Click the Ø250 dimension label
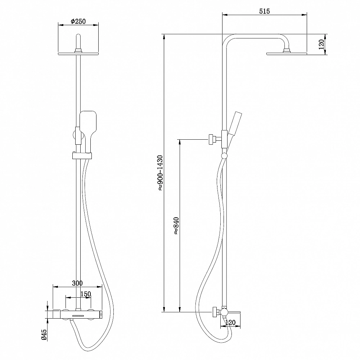(78, 21)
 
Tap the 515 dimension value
(265, 11)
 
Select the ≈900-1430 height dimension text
(160, 173)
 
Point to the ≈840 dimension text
(176, 226)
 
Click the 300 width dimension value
(77, 283)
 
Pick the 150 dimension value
(86, 294)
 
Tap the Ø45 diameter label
(44, 334)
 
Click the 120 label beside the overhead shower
(321, 44)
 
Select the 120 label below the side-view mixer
(230, 323)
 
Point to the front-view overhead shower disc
(78, 54)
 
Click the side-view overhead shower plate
(287, 54)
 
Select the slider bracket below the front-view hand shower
(82, 156)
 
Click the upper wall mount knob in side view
(212, 139)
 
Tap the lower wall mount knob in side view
(216, 312)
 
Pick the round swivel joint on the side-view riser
(224, 156)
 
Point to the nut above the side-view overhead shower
(287, 50)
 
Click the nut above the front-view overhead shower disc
(78, 50)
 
